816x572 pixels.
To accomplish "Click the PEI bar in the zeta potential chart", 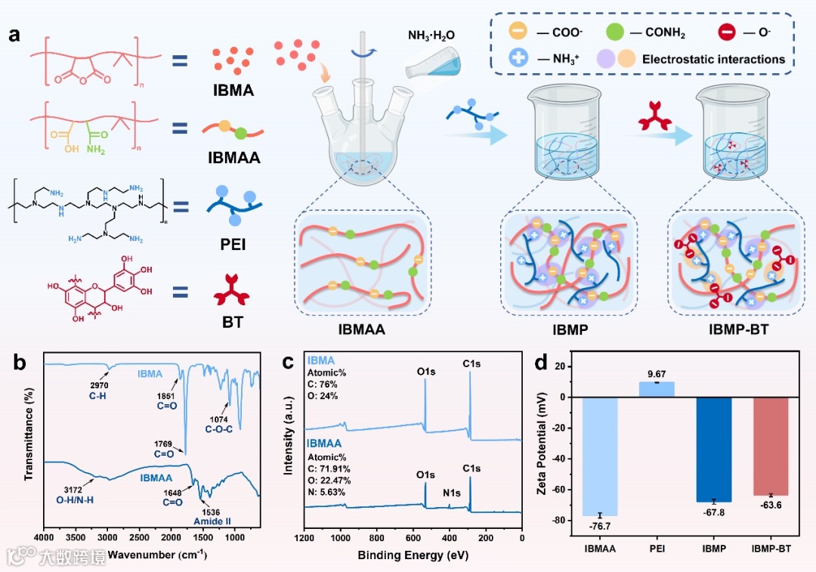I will pyautogui.click(x=657, y=388).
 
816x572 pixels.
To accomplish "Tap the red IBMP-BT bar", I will pyautogui.click(x=770, y=446).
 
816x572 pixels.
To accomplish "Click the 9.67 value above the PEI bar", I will pyautogui.click(x=657, y=374).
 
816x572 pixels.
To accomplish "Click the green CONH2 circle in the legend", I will pyautogui.click(x=616, y=33).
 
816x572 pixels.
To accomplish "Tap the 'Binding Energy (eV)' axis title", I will pyautogui.click(x=412, y=556).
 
